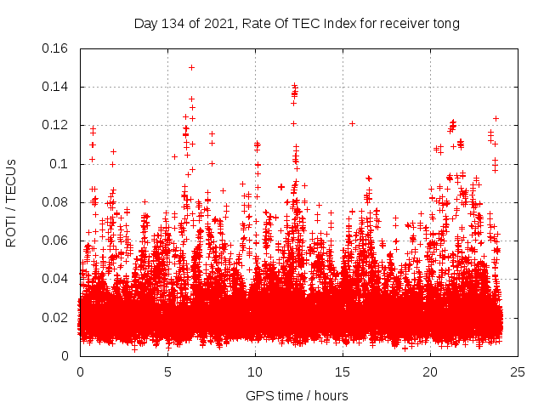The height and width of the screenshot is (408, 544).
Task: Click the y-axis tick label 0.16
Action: point(56,48)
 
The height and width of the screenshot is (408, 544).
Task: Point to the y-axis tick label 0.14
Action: point(56,87)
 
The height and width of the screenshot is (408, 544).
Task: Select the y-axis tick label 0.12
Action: point(56,125)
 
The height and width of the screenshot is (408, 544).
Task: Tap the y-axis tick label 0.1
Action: point(60,164)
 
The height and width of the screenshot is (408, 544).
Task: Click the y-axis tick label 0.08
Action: point(56,202)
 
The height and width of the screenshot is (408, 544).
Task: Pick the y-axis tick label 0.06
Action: point(56,241)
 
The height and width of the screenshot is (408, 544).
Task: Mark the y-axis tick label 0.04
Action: point(56,279)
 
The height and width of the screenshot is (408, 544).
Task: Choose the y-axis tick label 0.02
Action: point(56,318)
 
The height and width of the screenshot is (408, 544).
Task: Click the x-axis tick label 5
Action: point(167,372)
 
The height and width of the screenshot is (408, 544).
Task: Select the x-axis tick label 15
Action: point(343,372)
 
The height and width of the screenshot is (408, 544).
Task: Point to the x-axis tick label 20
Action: point(430,372)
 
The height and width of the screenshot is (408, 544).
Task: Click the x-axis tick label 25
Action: point(518,372)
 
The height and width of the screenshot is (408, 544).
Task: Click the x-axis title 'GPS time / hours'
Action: point(297,395)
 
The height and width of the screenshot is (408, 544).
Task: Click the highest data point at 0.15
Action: point(191,67)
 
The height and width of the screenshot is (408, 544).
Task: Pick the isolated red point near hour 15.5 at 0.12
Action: point(352,123)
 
